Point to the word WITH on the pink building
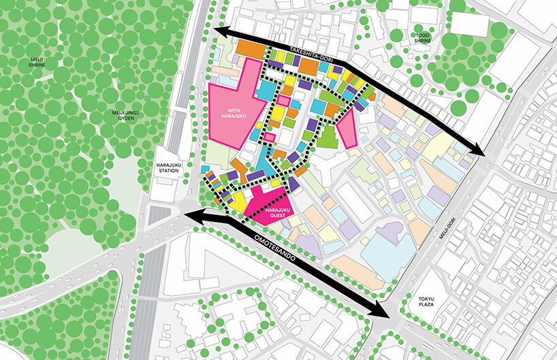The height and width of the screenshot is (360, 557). coord(234,110)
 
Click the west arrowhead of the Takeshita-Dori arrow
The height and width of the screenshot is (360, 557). coord(219,31)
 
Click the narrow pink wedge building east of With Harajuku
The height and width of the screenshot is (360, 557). coord(347,130)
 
